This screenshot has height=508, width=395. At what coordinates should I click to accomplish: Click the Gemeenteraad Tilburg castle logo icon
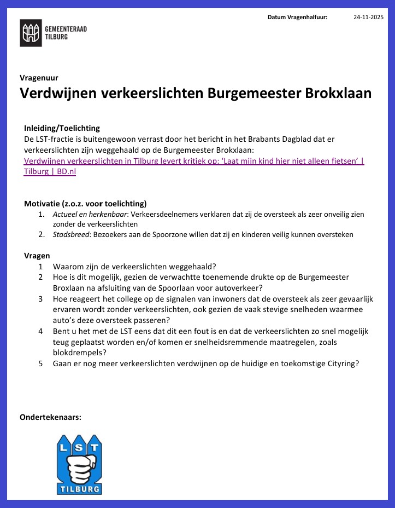[x=31, y=33]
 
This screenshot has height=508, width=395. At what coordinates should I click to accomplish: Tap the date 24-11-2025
[x=368, y=18]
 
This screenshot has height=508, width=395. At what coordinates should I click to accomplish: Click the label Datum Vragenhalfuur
[x=297, y=18]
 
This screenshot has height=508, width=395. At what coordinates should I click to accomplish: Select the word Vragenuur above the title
[x=39, y=78]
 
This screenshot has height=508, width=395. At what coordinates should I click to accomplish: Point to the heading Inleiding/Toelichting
[x=62, y=128]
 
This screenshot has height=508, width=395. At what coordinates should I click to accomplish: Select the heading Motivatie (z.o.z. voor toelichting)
[x=85, y=204]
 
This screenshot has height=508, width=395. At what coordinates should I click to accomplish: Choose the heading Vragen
[x=37, y=256]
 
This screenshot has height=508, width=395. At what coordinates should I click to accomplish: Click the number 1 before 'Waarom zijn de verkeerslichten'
[x=41, y=267]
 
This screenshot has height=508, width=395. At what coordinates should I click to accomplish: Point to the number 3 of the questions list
[x=41, y=299]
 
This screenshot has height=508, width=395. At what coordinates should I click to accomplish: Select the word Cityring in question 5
[x=340, y=363]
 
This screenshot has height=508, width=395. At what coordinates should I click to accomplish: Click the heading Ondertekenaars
[x=50, y=417]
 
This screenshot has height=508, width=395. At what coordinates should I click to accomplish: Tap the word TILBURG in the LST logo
[x=79, y=488]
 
